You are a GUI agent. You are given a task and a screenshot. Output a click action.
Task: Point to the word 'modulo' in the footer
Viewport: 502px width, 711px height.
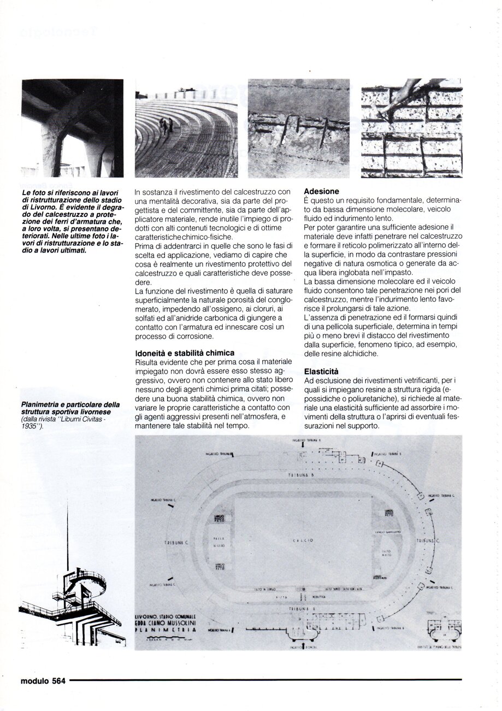pos(35,680)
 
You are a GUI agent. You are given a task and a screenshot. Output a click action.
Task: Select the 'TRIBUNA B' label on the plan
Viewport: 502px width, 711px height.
pos(304,475)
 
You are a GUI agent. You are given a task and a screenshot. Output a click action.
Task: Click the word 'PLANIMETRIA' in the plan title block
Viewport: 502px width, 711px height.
pos(164,630)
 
